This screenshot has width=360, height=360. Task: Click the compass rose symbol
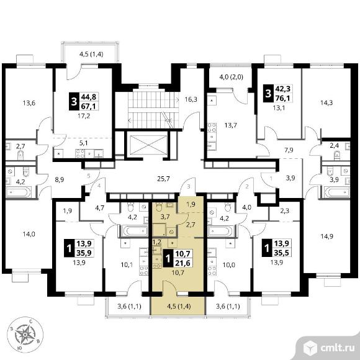tap(25, 335)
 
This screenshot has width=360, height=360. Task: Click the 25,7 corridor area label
tap(163, 179)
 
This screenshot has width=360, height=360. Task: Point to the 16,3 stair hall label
tap(191, 99)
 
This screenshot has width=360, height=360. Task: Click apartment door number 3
tap(189, 187)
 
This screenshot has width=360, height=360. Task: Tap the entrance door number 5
tap(88, 176)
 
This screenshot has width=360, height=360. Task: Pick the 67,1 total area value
tap(88, 106)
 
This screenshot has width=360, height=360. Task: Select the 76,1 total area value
tap(282, 98)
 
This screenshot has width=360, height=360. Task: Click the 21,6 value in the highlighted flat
tap(182, 263)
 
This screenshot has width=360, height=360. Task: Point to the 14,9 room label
tap(326, 236)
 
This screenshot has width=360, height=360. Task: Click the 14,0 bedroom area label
tap(29, 234)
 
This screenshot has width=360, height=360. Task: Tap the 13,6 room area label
tap(29, 103)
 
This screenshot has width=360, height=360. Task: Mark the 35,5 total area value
tap(281, 253)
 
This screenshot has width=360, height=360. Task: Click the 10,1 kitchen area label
tap(127, 265)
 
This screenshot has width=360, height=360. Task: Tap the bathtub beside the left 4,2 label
tap(19, 192)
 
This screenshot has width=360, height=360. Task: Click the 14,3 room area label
tap(326, 102)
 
